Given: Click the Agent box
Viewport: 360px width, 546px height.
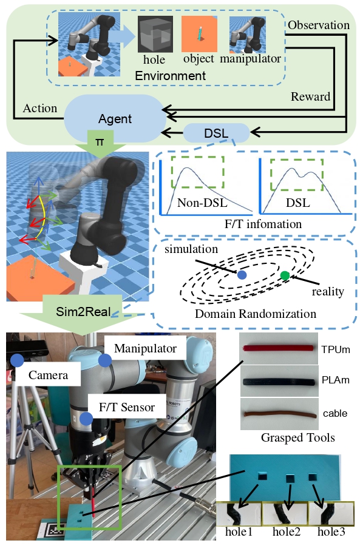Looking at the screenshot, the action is (x=114, y=118).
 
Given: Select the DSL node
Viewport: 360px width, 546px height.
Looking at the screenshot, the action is (x=216, y=133).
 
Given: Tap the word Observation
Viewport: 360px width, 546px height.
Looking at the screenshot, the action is (x=319, y=25).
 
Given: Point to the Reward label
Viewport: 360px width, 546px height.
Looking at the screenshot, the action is (x=310, y=96).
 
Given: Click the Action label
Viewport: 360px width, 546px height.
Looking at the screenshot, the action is (x=40, y=109).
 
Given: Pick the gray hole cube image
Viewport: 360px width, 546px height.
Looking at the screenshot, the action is (x=155, y=34).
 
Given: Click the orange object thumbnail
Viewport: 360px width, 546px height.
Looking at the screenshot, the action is (x=200, y=34).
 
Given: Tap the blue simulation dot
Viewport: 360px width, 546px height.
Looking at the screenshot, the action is (x=242, y=275).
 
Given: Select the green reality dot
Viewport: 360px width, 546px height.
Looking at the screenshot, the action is (x=285, y=275).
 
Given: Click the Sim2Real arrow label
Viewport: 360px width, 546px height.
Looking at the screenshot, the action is (x=84, y=311).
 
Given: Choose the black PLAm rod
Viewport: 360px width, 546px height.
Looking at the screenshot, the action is (x=279, y=382).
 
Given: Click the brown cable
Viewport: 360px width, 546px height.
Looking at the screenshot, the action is (x=280, y=414).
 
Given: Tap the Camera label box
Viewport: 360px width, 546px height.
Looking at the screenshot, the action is (x=48, y=375).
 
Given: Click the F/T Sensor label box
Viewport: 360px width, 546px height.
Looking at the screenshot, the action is (x=127, y=406).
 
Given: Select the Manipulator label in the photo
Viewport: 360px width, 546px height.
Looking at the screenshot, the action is (x=145, y=348).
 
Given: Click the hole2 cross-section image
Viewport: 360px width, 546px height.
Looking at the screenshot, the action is (x=285, y=514).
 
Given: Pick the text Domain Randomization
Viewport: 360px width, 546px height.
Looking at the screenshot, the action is (x=256, y=314).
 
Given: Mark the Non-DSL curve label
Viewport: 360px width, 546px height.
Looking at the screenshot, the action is (x=202, y=203).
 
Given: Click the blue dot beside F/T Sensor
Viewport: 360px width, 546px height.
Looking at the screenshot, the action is (x=86, y=419).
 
